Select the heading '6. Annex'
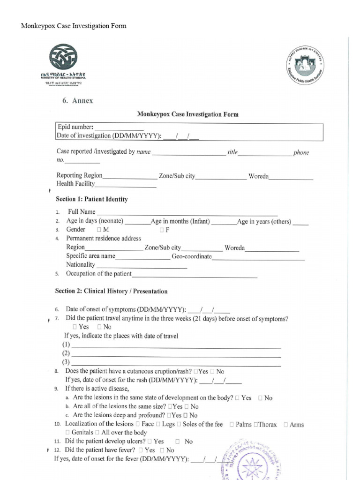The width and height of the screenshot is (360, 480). pos(78,101)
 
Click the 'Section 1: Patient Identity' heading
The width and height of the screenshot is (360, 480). pos(91,199)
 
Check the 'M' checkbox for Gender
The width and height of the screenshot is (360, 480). pos(99,230)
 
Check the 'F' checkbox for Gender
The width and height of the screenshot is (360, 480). pos(162,230)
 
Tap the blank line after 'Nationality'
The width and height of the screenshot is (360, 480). pos(141,265)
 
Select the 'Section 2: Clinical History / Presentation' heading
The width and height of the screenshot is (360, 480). pos(111,291)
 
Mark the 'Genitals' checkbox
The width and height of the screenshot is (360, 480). pos(68,433)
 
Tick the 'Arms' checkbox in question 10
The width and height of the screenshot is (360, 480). pos(286,425)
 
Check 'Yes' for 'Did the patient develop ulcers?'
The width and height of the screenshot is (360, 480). pos(150,442)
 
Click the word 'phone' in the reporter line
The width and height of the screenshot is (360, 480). pos(301,153)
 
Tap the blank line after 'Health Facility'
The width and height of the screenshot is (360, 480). pos(126,185)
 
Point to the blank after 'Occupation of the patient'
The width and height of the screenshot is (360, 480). pos(195,275)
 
